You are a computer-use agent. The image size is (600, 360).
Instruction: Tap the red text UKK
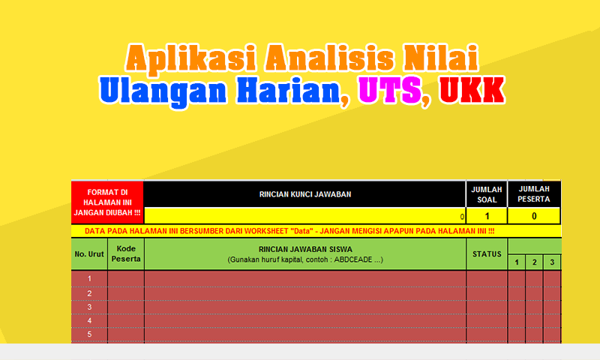click(x=469, y=90)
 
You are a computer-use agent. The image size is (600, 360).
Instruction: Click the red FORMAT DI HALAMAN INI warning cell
click(x=107, y=202)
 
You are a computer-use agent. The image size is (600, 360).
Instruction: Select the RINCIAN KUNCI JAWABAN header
click(x=304, y=194)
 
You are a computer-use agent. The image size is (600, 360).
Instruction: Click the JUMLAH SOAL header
click(x=486, y=194)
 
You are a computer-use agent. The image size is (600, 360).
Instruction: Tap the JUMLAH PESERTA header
click(x=534, y=194)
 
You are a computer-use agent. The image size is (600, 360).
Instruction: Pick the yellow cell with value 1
click(x=486, y=216)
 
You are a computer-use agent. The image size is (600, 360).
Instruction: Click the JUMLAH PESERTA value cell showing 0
click(x=534, y=216)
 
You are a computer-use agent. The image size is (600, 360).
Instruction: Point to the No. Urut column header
click(x=89, y=254)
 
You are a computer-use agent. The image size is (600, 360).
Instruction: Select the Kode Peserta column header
click(x=126, y=254)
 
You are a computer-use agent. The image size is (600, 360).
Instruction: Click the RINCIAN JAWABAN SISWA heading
click(x=304, y=250)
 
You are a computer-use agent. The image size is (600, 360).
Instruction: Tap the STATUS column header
click(x=487, y=254)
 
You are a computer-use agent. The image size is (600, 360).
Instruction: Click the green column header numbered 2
click(x=534, y=262)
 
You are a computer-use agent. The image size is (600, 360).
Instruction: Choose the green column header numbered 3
click(x=552, y=262)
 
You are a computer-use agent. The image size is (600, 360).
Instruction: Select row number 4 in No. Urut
click(x=89, y=320)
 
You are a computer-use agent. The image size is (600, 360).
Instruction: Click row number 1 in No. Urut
click(x=89, y=279)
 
